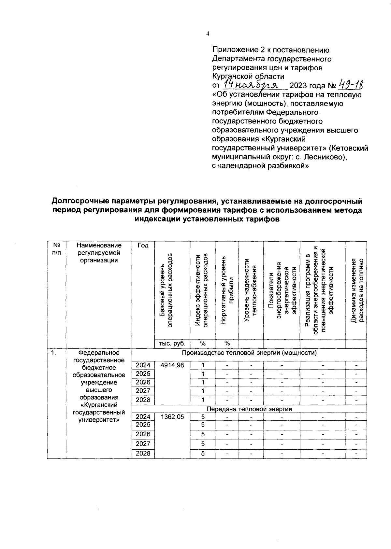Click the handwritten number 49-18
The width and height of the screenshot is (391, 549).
click(352, 85)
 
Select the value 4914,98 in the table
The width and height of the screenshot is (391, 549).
click(172, 365)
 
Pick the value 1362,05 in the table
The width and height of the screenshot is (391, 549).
click(172, 416)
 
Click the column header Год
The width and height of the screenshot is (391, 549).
click(143, 246)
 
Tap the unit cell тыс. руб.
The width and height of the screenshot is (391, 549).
click(172, 344)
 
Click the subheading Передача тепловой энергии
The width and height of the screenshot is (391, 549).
click(249, 409)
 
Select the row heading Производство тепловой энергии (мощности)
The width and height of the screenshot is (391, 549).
click(249, 353)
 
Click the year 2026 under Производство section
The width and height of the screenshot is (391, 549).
click(143, 382)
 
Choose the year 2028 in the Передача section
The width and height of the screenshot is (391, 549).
click(143, 454)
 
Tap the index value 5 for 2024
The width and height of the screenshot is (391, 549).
click(203, 416)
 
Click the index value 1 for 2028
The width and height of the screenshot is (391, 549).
click(203, 400)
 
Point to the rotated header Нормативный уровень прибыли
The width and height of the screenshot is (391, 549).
click(227, 290)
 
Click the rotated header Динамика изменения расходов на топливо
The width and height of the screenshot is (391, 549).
click(356, 290)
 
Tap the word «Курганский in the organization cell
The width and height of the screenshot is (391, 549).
click(99, 405)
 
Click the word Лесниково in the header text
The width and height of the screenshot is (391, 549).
click(323, 157)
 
